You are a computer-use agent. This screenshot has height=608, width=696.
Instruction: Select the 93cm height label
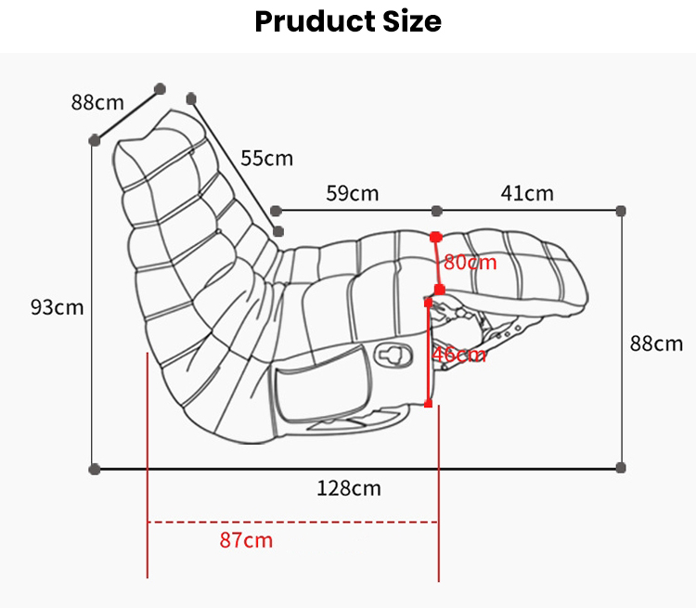pyautogui.click(x=57, y=306)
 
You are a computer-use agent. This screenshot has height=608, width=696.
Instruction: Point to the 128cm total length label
pyautogui.click(x=348, y=488)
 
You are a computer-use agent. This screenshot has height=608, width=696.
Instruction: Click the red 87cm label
pyautogui.click(x=246, y=539)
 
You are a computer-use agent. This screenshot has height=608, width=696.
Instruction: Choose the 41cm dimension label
pyautogui.click(x=527, y=193)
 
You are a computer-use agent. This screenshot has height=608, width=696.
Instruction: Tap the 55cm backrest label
pyautogui.click(x=266, y=158)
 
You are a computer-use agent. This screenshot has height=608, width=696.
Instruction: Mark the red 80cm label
pyautogui.click(x=470, y=262)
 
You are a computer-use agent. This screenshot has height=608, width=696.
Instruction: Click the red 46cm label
pyautogui.click(x=458, y=354)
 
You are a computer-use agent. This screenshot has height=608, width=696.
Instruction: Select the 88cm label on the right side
pyautogui.click(x=656, y=343)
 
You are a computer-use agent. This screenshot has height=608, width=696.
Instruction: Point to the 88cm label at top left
pyautogui.click(x=97, y=102)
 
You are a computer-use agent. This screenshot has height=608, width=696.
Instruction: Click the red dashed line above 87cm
pyautogui.click(x=292, y=522)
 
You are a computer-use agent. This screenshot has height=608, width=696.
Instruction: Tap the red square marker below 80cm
pyautogui.click(x=440, y=290)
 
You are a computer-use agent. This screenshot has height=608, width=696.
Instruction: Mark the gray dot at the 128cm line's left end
pyautogui.click(x=94, y=469)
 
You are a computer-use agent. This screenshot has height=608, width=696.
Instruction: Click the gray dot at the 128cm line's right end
pyautogui.click(x=621, y=468)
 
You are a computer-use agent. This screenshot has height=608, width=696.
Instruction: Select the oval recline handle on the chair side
pyautogui.click(x=394, y=354)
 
